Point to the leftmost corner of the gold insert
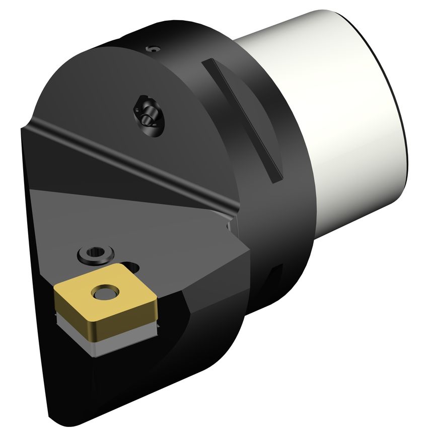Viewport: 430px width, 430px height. (55, 288)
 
